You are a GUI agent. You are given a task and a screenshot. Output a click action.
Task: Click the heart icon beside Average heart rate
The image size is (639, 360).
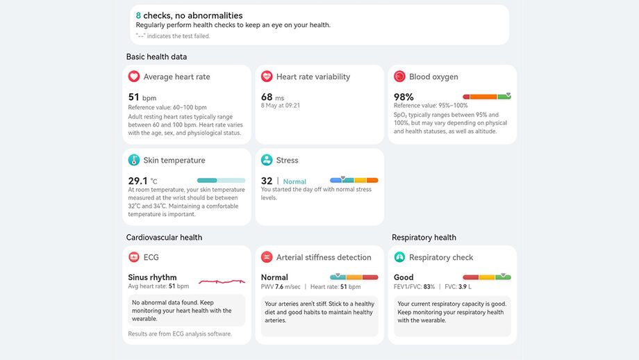[x=134, y=76]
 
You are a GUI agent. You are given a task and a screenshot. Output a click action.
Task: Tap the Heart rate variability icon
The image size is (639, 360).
[x=267, y=76]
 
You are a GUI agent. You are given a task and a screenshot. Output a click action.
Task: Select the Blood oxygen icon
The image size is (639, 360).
[x=399, y=76]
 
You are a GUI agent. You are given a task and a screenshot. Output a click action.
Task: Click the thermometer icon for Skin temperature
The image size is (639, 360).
[x=134, y=160]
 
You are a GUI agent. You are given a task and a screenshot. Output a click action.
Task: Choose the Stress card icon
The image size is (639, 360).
[x=267, y=160]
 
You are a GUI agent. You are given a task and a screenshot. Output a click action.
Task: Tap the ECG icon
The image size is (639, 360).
[x=134, y=257]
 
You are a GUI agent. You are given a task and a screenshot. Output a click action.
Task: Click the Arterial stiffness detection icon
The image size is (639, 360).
[x=267, y=257]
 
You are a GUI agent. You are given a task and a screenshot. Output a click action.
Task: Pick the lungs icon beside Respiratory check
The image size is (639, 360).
[x=399, y=257]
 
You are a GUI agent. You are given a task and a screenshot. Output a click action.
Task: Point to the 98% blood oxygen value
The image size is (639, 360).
[x=404, y=97]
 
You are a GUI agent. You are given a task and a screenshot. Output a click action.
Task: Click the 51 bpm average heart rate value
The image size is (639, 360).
[x=142, y=97]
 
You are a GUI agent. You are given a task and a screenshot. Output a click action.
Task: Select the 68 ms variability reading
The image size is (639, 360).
[x=272, y=97]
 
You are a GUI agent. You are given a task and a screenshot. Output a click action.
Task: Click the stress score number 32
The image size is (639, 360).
[x=266, y=181]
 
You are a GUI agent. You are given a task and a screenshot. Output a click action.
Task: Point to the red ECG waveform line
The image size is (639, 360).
[x=222, y=281]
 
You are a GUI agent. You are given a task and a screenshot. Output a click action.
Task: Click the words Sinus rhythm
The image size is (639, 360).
[x=152, y=277]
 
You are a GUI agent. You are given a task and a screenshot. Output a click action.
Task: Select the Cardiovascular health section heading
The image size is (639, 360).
[x=164, y=237]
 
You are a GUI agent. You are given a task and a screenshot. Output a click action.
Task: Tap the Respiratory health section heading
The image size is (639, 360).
[x=424, y=237]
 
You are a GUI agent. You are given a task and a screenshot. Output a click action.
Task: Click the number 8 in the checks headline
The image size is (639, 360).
[x=138, y=15]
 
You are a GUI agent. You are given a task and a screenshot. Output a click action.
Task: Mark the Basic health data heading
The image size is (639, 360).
[x=156, y=56]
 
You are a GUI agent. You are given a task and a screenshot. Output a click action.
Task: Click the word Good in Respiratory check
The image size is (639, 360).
[x=404, y=277]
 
